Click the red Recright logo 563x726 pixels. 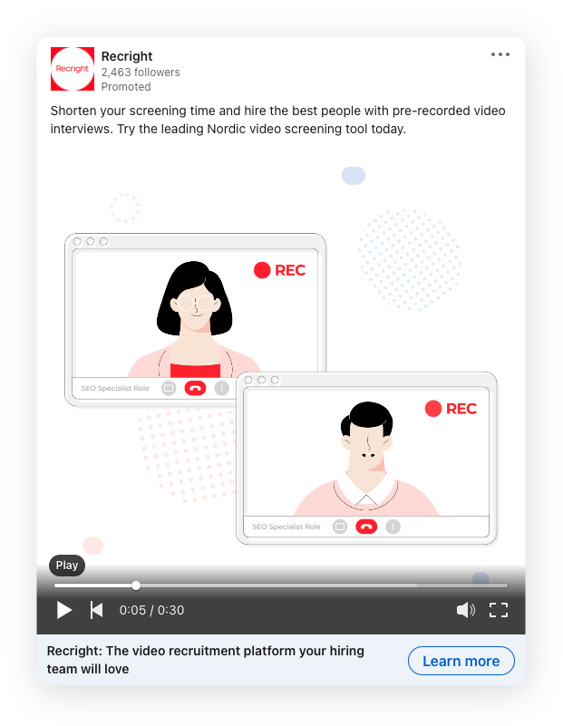73,69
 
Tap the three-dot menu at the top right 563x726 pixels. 500,54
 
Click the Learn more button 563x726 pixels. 461,661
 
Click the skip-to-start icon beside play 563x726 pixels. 96,610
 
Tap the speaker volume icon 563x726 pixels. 465,610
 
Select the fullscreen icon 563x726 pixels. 499,610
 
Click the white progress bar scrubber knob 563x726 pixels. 136,586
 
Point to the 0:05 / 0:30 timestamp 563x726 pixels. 152,610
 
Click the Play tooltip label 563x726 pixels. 67,566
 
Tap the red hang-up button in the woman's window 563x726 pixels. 196,388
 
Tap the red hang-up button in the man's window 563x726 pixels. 366,527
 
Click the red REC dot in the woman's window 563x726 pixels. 262,270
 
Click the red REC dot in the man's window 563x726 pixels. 433,409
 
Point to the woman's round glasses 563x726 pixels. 196,304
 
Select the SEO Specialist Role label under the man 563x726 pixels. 286,527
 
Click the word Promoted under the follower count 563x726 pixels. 126,87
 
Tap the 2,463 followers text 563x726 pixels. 141,73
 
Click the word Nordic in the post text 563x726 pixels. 227,129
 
